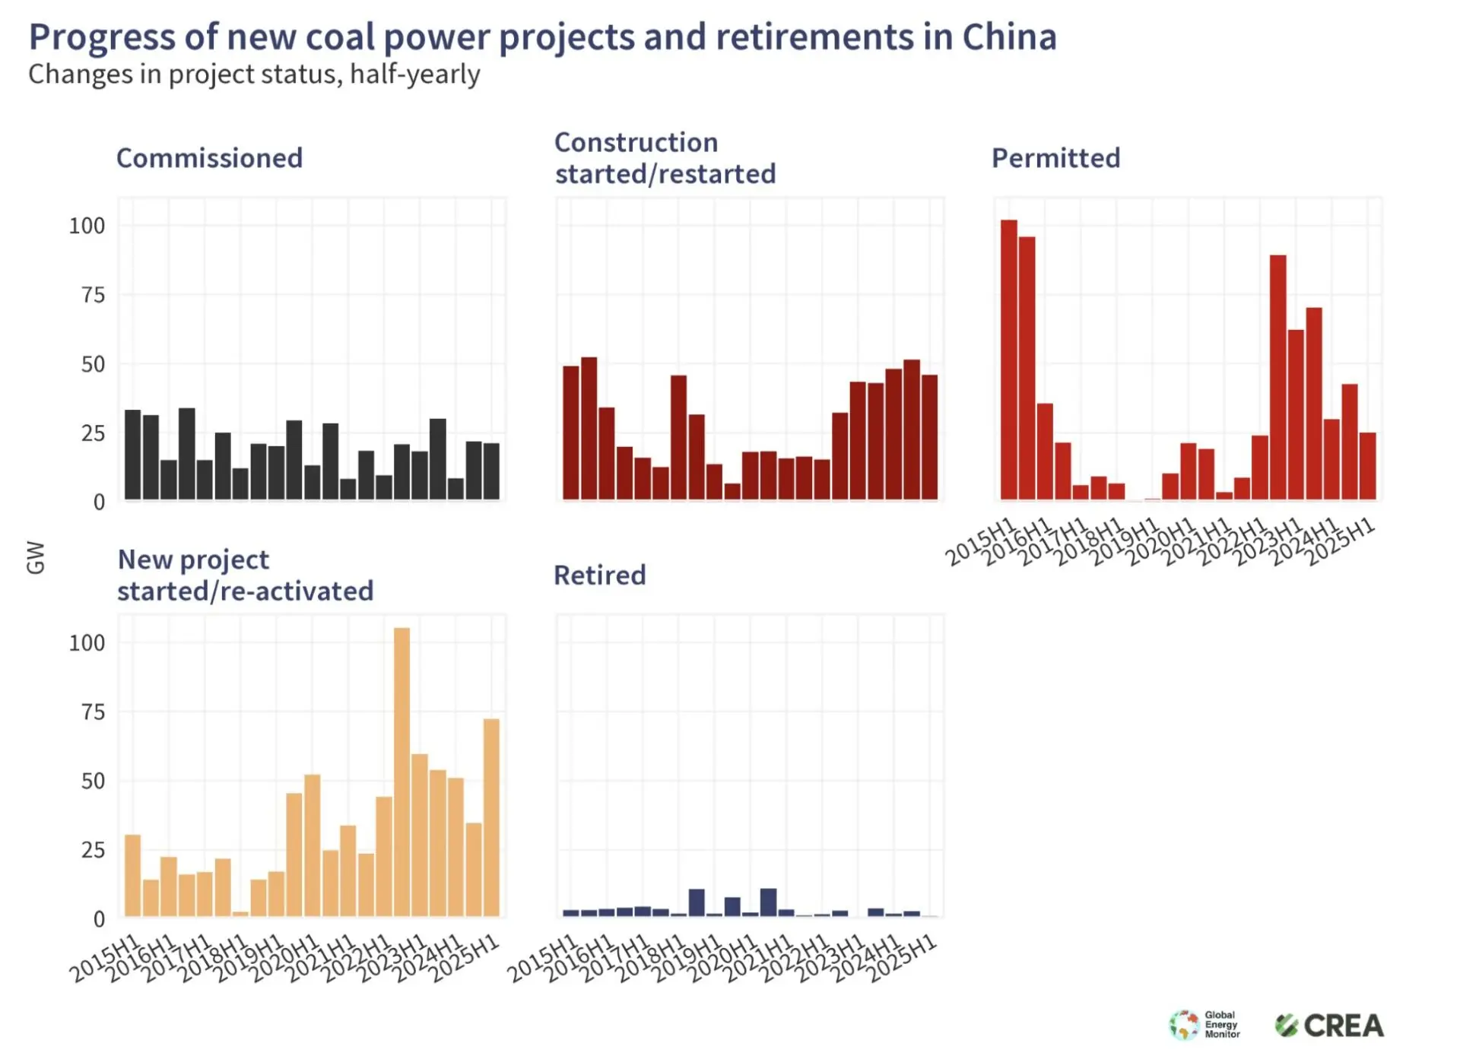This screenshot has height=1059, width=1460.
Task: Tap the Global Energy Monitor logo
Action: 1204,1025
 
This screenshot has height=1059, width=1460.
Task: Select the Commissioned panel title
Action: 209,158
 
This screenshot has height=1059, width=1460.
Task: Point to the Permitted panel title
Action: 1055,158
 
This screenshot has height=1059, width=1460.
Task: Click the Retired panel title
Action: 599,575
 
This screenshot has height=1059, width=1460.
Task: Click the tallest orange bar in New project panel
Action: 401,772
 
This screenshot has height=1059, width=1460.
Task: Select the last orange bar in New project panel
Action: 491,817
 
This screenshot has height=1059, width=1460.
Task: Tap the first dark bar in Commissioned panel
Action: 133,455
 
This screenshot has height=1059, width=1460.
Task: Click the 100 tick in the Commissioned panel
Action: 87,226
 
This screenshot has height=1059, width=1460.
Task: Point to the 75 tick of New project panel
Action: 93,712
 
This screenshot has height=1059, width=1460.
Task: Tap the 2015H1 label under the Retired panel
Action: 542,959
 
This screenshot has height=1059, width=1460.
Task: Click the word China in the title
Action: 1009,36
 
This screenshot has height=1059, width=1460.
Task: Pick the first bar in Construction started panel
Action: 571,433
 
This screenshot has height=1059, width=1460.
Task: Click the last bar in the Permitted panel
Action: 1367,465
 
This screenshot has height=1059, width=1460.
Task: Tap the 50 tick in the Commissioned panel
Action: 93,364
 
